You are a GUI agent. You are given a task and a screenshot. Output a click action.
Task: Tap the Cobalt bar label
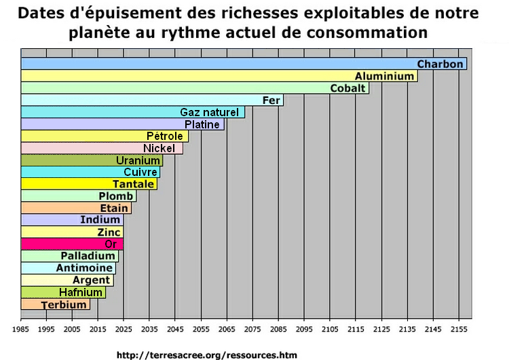pyautogui.click(x=348, y=88)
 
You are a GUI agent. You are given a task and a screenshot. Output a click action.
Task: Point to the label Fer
pyautogui.click(x=271, y=101)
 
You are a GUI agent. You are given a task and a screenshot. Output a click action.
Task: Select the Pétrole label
pyautogui.click(x=165, y=137)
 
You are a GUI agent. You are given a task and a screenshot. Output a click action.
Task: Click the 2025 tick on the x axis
pyautogui.click(x=124, y=329)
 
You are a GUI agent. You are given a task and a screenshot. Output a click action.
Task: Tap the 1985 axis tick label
pyautogui.click(x=21, y=329)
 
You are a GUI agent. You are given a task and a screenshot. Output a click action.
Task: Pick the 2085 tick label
pyautogui.click(x=278, y=329)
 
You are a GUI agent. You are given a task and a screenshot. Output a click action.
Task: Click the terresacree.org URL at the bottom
pyautogui.click(x=207, y=355)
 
